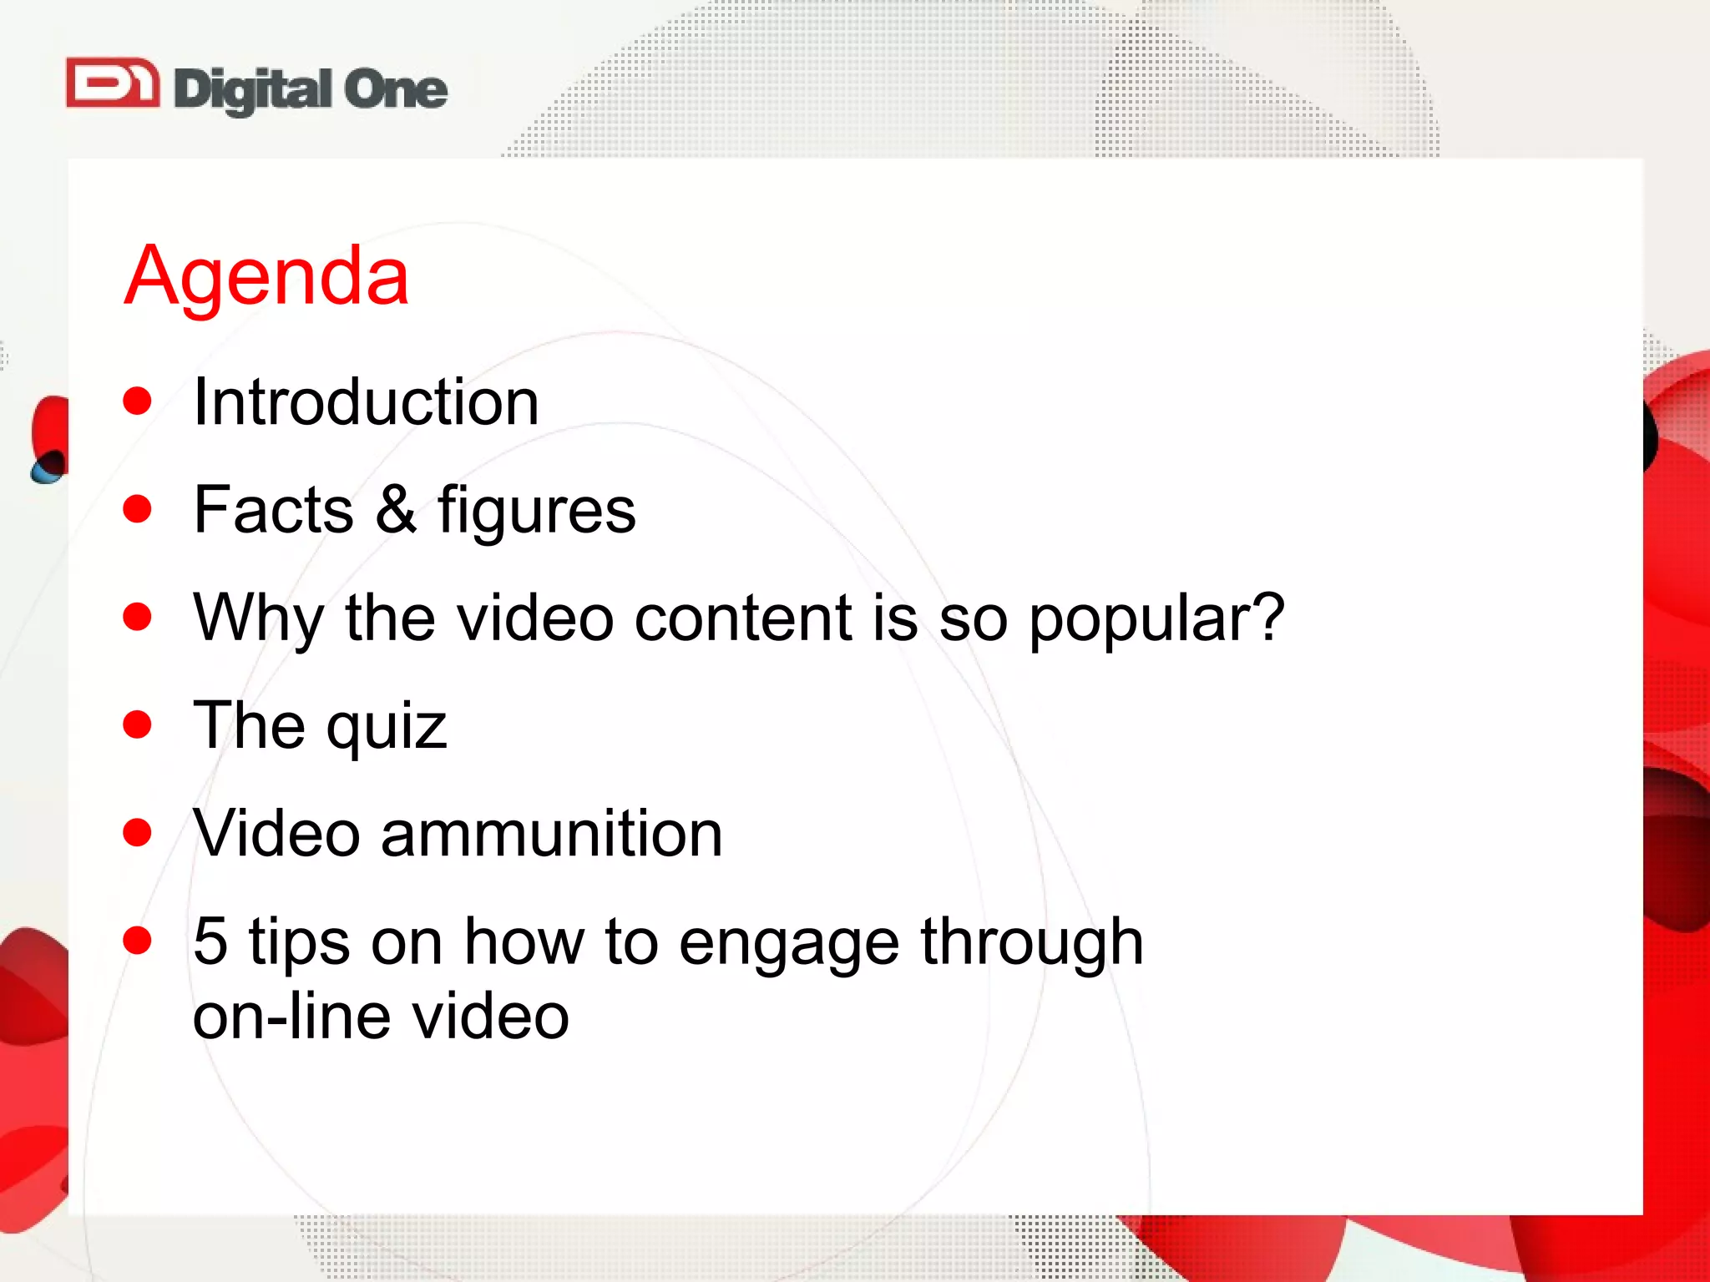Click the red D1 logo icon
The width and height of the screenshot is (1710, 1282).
[x=113, y=83]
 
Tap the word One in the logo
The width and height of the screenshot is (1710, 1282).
[x=396, y=88]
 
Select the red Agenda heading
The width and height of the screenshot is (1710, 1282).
[x=266, y=275]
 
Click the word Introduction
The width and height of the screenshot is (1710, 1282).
[x=366, y=402]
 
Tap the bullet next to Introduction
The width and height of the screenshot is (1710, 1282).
[x=137, y=401]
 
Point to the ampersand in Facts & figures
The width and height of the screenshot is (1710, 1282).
[x=395, y=509]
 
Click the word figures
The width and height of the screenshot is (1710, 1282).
[x=536, y=511]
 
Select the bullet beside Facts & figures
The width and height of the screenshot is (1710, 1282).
[x=137, y=508]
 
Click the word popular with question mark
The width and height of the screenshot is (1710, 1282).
[x=1156, y=619]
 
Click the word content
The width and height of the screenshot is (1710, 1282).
[x=743, y=618]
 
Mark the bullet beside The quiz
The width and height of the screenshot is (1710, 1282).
[x=137, y=724]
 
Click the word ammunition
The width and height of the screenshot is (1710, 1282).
[x=551, y=833]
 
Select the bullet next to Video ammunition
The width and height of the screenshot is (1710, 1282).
[x=137, y=832]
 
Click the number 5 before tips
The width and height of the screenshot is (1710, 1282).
[x=210, y=941]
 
